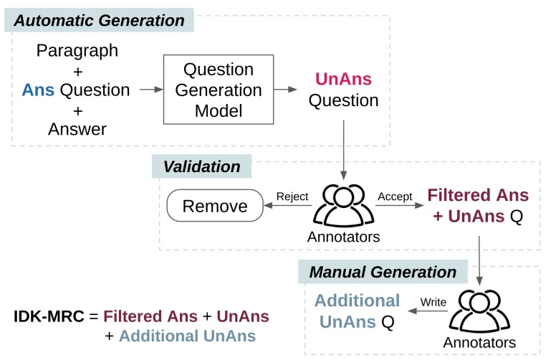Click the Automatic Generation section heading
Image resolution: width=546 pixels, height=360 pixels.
(99, 21)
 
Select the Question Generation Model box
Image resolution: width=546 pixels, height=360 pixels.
(219, 90)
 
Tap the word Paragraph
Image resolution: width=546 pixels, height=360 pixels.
(77, 51)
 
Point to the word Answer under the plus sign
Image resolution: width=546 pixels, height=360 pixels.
(77, 129)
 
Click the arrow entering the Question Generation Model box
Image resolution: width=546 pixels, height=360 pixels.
(150, 90)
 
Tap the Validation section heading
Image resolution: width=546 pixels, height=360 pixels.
(201, 167)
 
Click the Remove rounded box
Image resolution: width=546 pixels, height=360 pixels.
(215, 207)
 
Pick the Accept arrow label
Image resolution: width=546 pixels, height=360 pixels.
(393, 196)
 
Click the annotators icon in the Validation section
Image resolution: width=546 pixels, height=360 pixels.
(343, 204)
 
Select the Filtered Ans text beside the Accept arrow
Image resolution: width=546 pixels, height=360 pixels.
(478, 195)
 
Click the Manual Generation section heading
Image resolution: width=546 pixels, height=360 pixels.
(382, 273)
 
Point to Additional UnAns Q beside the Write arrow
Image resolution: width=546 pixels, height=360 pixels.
(358, 311)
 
